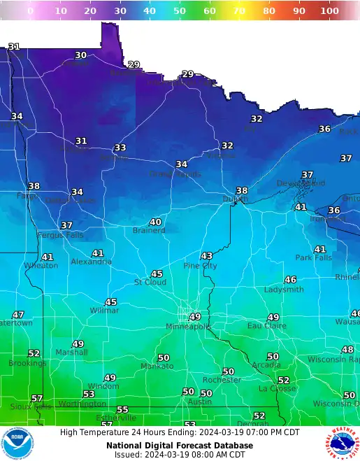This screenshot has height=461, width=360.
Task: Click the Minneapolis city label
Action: coord(188,327)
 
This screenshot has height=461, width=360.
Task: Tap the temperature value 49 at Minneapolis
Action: coord(195,317)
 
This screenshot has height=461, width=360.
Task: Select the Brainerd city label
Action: coord(149,230)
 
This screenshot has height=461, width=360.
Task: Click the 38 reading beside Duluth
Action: coord(242,190)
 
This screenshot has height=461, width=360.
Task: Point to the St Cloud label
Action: coord(150,282)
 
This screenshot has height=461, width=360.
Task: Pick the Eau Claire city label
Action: coord(266,326)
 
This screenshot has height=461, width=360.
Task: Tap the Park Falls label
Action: coord(313,257)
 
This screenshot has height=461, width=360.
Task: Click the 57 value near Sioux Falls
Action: coord(37,398)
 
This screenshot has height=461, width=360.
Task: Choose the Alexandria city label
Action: coord(91,262)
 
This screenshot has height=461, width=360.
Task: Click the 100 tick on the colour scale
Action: coord(329,11)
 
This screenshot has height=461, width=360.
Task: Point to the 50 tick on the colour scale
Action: coord(180,11)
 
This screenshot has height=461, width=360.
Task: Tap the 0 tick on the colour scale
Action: coord(30,11)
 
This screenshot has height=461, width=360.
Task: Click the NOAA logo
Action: coord(17,444)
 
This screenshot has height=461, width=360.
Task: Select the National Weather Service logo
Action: coord(342,444)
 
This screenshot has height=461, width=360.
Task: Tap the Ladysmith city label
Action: coord(284,290)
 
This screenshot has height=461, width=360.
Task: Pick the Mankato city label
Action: coord(157,367)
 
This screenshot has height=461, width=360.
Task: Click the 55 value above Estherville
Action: coord(123,410)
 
